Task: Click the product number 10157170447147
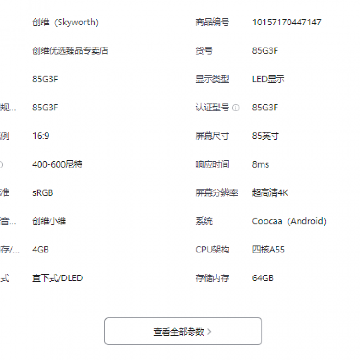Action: click(287, 22)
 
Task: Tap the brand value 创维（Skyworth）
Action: click(65, 22)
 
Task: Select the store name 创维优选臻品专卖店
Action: click(70, 50)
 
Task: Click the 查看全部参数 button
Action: click(183, 331)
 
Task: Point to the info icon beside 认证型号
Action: click(236, 108)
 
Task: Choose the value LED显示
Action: click(268, 79)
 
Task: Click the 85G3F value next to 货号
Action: click(265, 50)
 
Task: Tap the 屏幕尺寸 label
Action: click(212, 136)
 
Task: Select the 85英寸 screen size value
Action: click(265, 136)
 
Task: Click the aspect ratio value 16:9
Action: click(41, 136)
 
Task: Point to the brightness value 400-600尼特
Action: click(57, 164)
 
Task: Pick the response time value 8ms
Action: click(261, 164)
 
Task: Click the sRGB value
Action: click(43, 192)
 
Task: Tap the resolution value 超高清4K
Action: click(270, 192)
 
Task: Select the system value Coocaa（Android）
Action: click(289, 221)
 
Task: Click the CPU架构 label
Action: click(212, 250)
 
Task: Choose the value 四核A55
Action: click(268, 250)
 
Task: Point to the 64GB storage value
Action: click(263, 278)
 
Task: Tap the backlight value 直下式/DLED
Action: click(58, 278)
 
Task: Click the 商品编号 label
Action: click(212, 22)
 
